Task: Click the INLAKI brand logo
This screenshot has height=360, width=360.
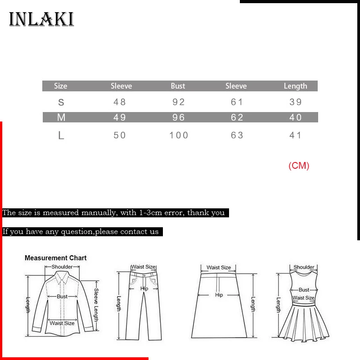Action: tap(41, 20)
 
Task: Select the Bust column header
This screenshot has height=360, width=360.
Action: tap(178, 86)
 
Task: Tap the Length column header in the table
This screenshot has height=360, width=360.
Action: tap(295, 86)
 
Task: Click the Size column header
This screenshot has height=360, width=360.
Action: tap(61, 86)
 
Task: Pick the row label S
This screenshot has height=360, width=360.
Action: tap(61, 102)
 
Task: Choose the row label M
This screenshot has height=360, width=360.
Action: tap(61, 117)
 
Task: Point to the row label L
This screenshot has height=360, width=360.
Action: tap(61, 135)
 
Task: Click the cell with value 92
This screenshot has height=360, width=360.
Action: tap(179, 102)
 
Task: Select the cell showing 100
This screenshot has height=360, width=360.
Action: tap(179, 135)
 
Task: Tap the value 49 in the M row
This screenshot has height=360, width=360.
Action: tap(120, 117)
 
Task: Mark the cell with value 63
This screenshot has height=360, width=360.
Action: tap(237, 135)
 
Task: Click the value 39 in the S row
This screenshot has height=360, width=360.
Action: tap(296, 102)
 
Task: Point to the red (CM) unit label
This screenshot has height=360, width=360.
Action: tap(299, 166)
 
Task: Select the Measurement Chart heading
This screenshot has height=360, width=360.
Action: tap(55, 258)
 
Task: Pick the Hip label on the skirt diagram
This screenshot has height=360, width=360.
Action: tap(219, 295)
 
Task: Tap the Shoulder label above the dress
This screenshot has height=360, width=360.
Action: tap(304, 267)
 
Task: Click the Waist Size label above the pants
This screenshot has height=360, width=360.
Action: tap(143, 267)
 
